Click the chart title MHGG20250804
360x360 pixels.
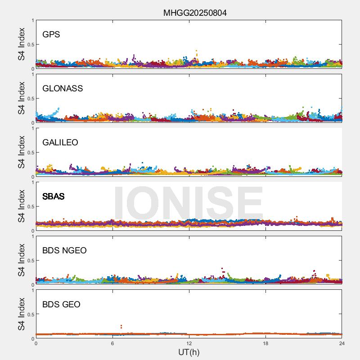point(195,13)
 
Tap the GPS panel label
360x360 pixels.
point(51,35)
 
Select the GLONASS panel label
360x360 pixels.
point(63,89)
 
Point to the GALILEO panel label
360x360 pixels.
point(60,143)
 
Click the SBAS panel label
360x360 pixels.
point(53,197)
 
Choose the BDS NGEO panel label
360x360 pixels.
point(64,251)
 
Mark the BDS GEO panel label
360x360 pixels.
point(61,305)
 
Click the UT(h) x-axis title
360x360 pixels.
point(189,352)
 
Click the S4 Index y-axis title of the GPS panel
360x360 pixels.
point(22,45)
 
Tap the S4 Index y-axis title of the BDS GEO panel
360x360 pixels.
point(22,315)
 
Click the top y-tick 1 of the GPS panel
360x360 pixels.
point(32,21)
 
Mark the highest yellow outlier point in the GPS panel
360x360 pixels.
point(196,51)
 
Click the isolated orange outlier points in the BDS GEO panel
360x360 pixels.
point(121,326)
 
